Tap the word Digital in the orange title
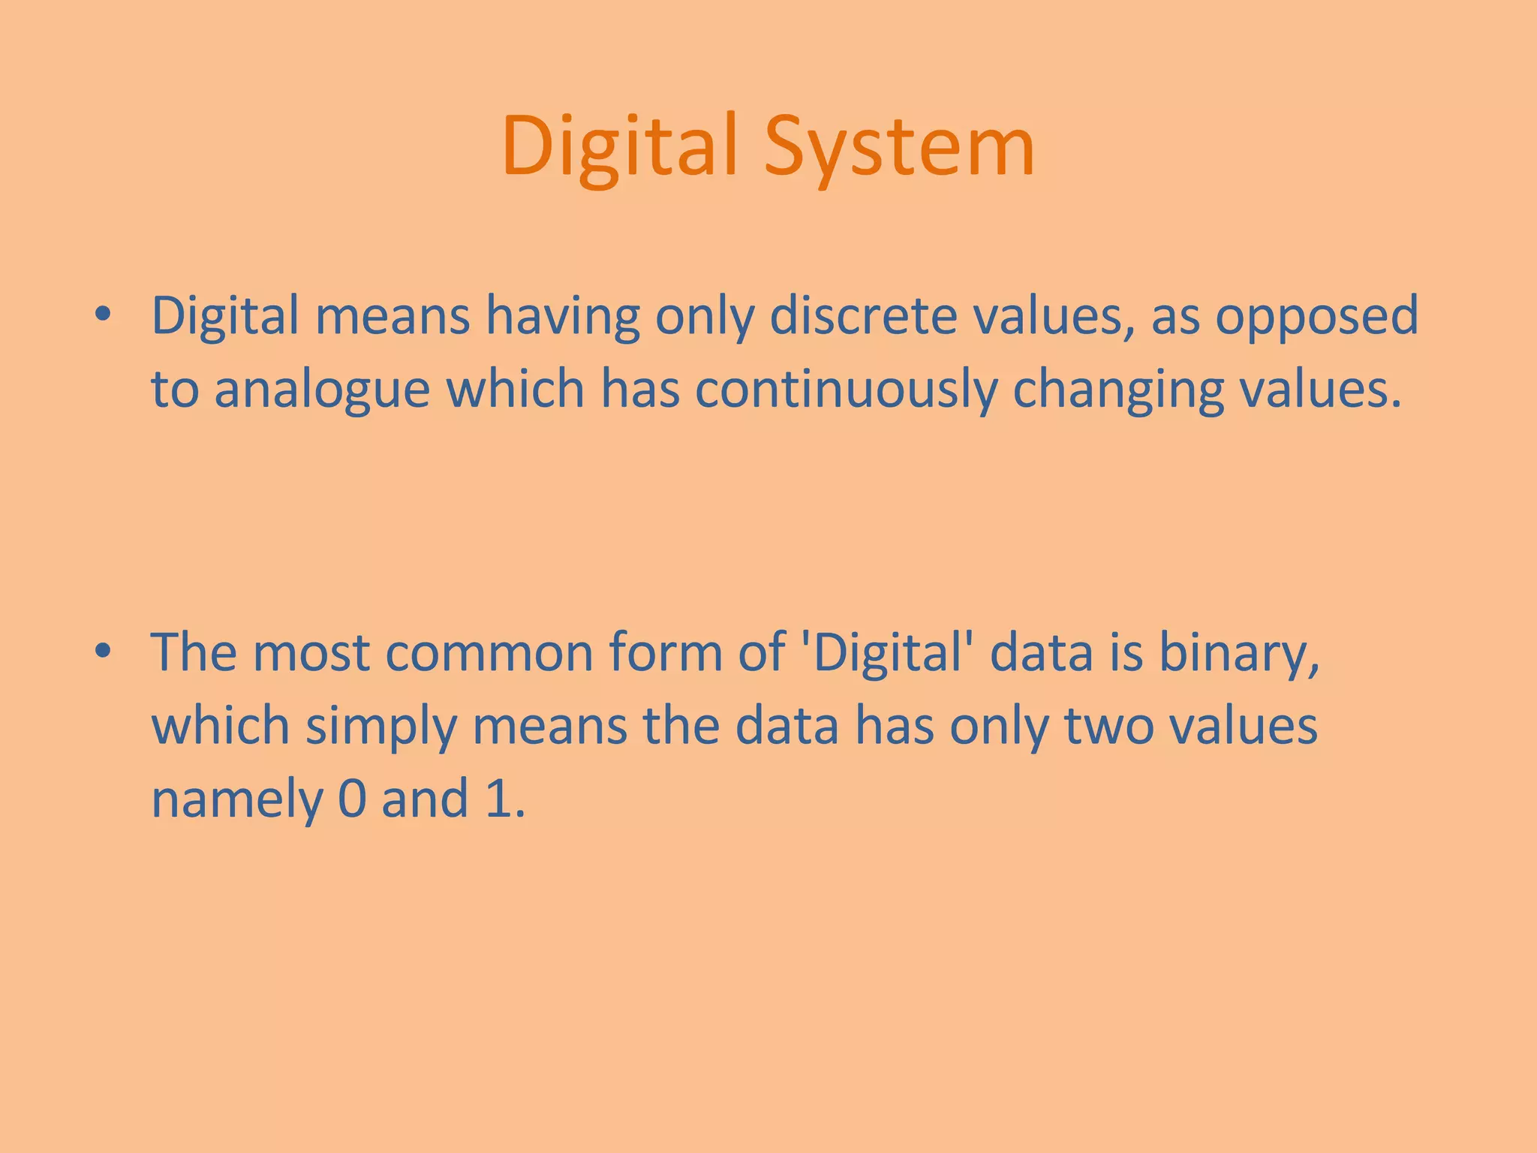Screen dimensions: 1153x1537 pos(620,146)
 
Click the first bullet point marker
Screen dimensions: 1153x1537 pos(103,315)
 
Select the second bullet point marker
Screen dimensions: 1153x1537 pos(103,651)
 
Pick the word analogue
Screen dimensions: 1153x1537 pos(322,390)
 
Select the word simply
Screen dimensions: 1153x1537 pos(380,727)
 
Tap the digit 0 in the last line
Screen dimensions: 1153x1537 pos(352,799)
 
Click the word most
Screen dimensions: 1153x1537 pos(311,652)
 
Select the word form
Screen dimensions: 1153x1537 pos(666,652)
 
